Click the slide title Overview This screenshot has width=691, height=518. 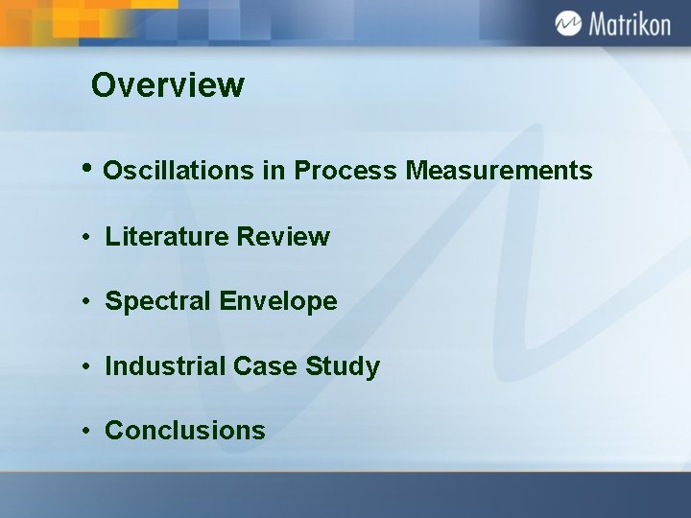tap(168, 85)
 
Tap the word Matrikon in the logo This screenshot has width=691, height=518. tap(629, 24)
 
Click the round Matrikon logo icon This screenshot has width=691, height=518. tap(568, 23)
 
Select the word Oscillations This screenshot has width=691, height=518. tap(179, 171)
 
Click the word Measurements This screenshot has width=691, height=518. tap(499, 171)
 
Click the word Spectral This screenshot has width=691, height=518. tap(158, 301)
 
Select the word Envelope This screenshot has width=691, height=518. tap(278, 301)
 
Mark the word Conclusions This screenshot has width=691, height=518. tap(185, 431)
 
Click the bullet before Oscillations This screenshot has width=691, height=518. tap(87, 169)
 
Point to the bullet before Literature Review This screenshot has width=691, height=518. tap(86, 236)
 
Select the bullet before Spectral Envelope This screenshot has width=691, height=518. tap(86, 301)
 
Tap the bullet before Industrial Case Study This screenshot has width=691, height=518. tap(86, 366)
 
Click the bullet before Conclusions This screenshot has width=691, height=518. tap(86, 431)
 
